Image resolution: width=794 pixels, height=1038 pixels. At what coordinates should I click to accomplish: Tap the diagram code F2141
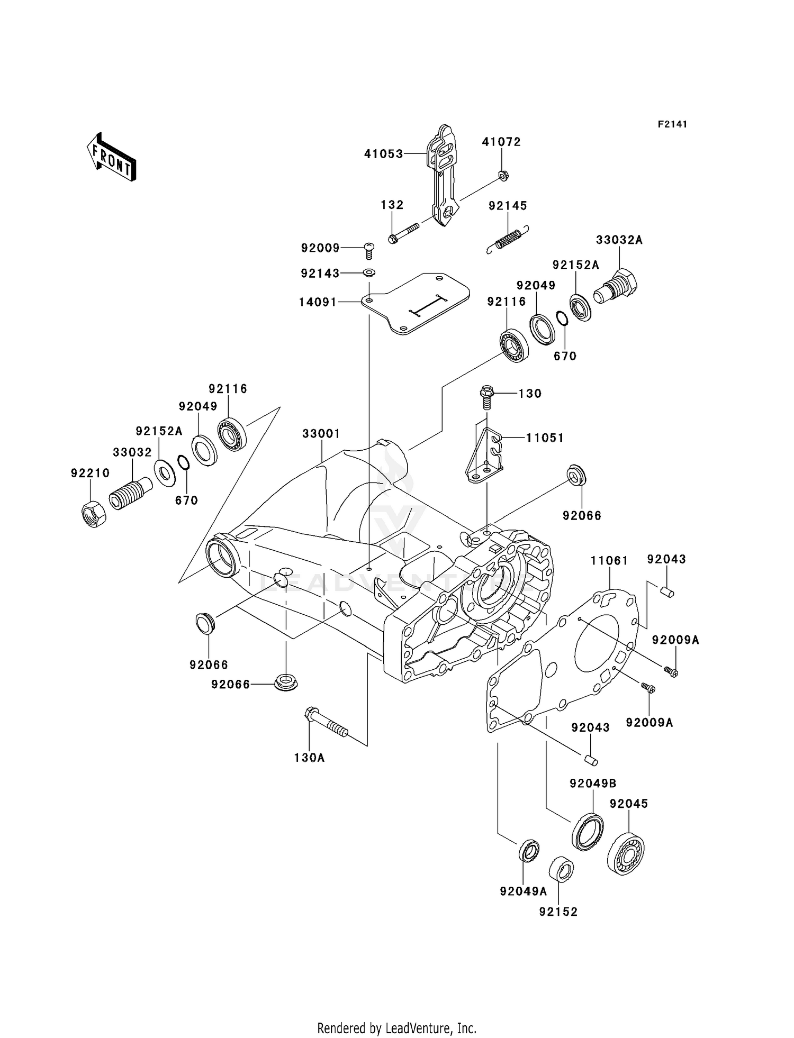(672, 124)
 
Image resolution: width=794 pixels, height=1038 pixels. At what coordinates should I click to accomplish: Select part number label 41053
(383, 154)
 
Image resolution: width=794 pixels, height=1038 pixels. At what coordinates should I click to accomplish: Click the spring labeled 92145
(508, 239)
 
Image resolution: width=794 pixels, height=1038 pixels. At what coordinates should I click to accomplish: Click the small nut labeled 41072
(504, 176)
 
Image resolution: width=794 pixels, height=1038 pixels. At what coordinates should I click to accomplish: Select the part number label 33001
(321, 434)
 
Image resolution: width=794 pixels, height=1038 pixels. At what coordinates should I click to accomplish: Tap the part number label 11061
(609, 560)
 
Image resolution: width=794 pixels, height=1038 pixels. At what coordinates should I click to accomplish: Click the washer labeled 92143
(369, 273)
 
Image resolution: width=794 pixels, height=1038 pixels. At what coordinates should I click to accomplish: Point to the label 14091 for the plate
(318, 302)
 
